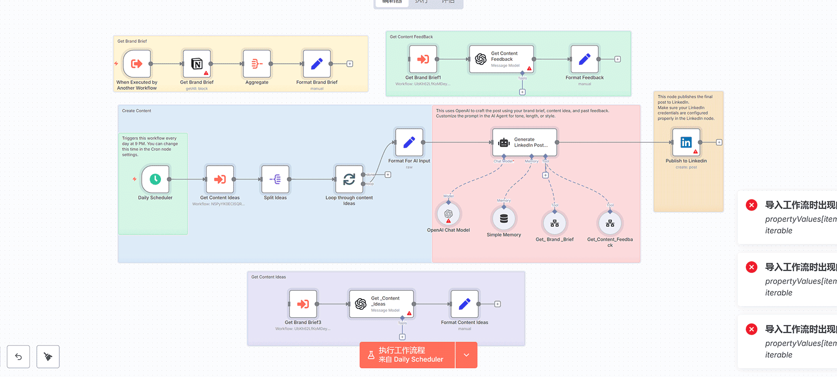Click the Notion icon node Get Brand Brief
(197, 64)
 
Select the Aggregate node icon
(257, 64)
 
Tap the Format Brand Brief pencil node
(317, 64)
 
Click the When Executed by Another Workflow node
(137, 64)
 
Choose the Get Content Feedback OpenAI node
(501, 59)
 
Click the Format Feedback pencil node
(584, 59)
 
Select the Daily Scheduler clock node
(155, 179)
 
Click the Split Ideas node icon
(275, 179)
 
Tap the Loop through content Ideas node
(349, 179)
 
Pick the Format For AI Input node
(409, 143)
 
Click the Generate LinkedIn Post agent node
(525, 143)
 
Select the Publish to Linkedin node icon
(686, 143)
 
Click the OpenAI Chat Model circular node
(448, 214)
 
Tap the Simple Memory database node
(504, 218)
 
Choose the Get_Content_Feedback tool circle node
(610, 223)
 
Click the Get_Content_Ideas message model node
(382, 304)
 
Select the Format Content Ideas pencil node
(464, 304)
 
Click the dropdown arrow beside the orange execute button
(466, 355)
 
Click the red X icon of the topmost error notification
(751, 205)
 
